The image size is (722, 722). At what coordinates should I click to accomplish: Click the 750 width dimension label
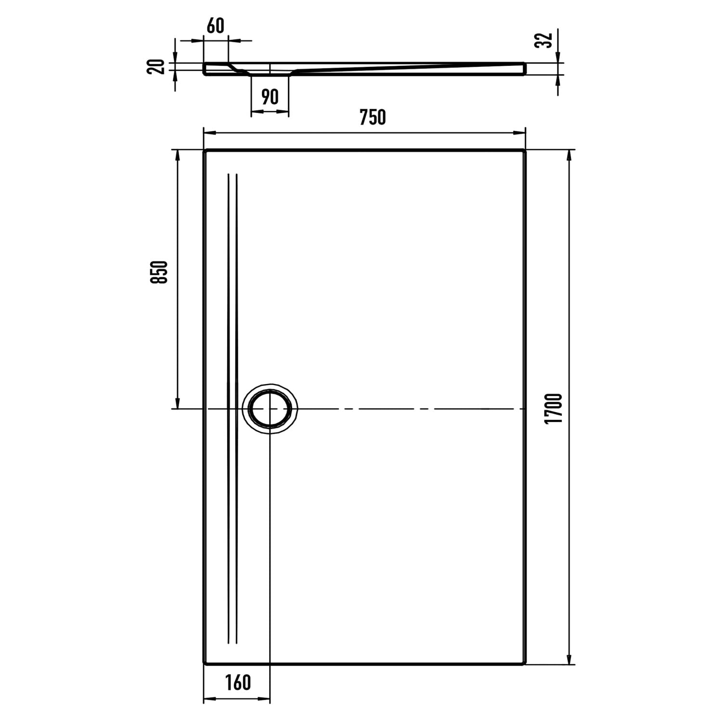(x=373, y=117)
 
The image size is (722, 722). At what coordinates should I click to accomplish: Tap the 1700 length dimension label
(x=554, y=409)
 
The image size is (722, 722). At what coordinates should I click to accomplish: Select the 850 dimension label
(x=159, y=272)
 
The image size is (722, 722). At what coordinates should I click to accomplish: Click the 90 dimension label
(x=270, y=97)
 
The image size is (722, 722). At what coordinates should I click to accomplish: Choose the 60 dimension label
(x=216, y=26)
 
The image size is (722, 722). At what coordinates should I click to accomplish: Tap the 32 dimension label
(x=542, y=40)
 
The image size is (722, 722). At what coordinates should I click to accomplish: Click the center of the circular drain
(x=270, y=409)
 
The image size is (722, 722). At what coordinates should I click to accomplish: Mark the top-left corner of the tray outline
(x=204, y=150)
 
